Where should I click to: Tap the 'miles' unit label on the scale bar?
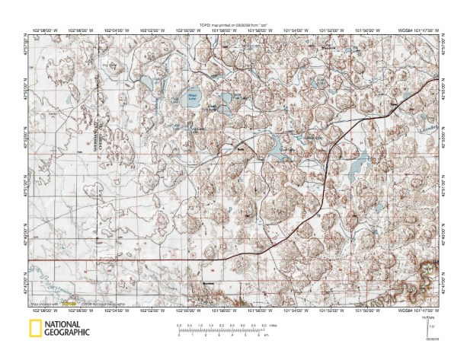tap(273, 325)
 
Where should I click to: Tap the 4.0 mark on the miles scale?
tap(264, 325)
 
